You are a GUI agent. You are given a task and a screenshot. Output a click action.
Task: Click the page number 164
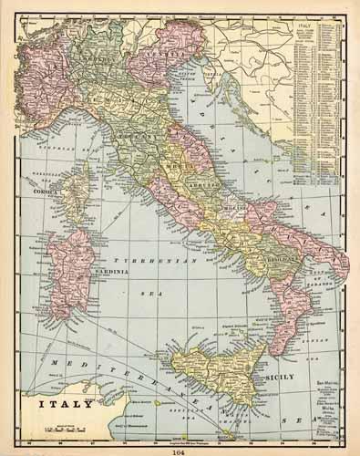(x=180, y=447)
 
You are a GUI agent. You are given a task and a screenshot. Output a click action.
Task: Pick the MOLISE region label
(x=236, y=208)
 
